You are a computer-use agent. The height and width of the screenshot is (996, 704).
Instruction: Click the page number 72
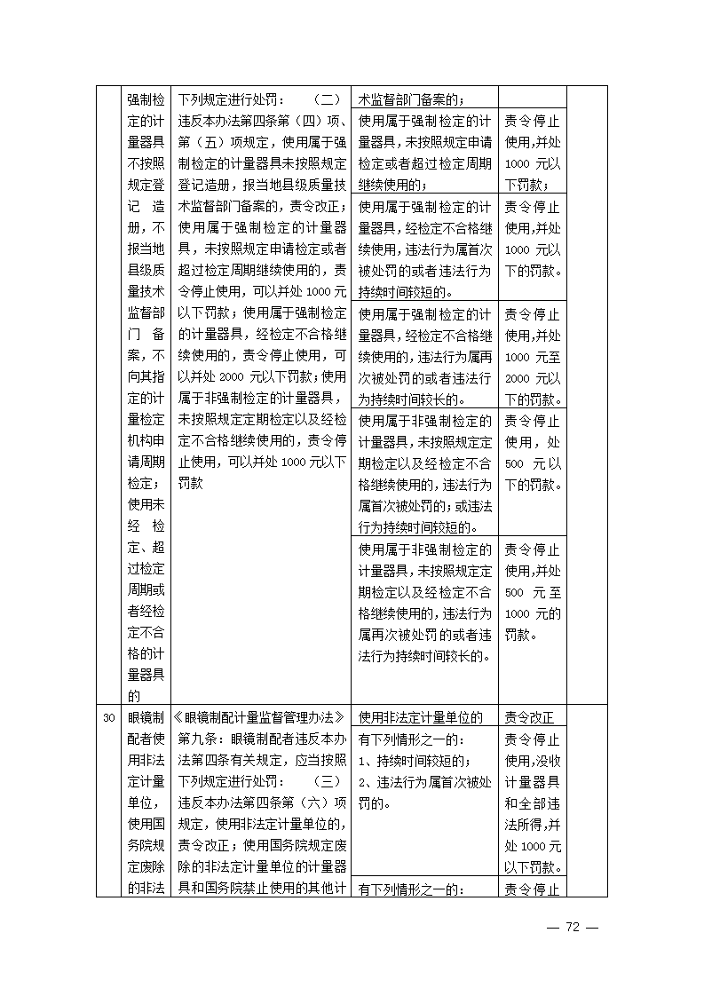(x=573, y=927)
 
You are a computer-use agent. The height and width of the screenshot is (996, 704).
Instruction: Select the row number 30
(x=108, y=717)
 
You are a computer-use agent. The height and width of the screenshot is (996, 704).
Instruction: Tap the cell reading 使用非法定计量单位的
(x=420, y=717)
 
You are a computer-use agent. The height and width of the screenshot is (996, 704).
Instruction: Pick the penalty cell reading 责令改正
(x=529, y=717)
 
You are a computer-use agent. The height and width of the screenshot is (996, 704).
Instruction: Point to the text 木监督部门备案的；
(x=413, y=99)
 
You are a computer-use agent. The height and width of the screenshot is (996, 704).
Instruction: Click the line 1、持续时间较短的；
(x=415, y=761)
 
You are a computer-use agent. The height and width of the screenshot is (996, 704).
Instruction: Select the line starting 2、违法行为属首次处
(x=424, y=782)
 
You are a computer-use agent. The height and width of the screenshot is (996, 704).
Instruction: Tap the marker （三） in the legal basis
(x=328, y=781)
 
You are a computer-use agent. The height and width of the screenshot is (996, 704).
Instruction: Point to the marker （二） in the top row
(x=328, y=99)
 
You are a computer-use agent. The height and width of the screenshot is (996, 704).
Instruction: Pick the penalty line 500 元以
(x=532, y=463)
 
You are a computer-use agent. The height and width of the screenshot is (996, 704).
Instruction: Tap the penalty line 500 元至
(x=532, y=592)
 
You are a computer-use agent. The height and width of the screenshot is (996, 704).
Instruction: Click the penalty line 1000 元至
(x=532, y=356)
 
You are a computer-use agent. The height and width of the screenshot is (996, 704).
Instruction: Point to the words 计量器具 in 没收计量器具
(x=532, y=782)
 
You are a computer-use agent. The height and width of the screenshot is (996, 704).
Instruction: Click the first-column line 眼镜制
(x=146, y=717)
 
